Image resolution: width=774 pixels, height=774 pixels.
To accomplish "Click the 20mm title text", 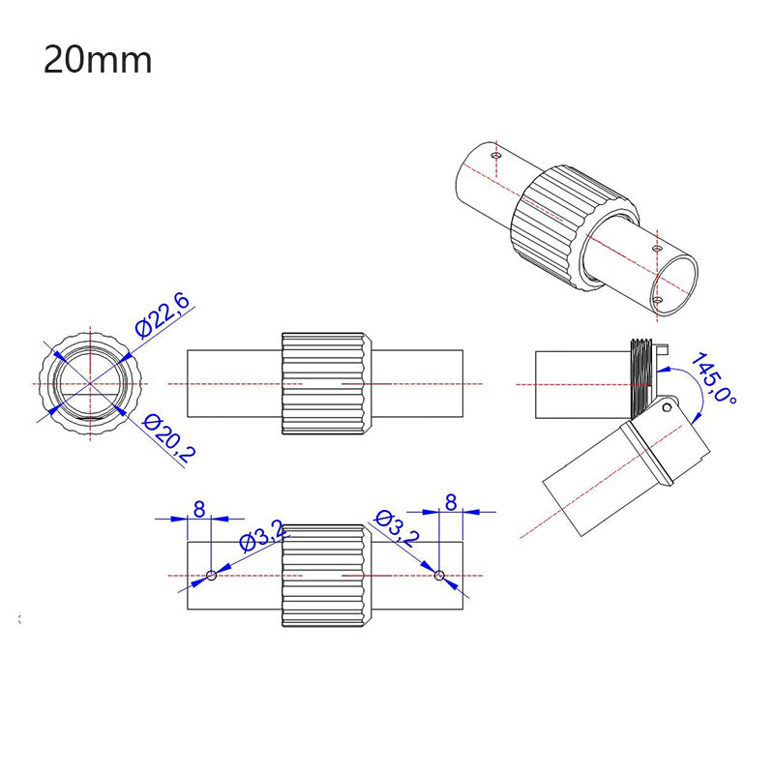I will pyautogui.click(x=98, y=60).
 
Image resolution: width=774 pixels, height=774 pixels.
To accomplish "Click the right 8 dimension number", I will pyautogui.click(x=450, y=503).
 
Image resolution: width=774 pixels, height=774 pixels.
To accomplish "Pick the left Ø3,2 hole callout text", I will pyautogui.click(x=262, y=535).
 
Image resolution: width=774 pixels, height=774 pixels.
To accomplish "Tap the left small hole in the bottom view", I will pyautogui.click(x=212, y=576).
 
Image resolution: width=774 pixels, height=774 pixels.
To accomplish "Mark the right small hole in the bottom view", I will pyautogui.click(x=439, y=576).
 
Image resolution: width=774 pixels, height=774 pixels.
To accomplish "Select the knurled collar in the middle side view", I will pyautogui.click(x=325, y=384).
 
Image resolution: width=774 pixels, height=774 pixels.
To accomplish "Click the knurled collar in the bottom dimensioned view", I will pyautogui.click(x=325, y=576).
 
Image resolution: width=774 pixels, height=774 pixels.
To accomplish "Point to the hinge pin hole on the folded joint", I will pyautogui.click(x=667, y=407).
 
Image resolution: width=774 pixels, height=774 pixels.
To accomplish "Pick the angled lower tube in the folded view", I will pyautogui.click(x=610, y=474).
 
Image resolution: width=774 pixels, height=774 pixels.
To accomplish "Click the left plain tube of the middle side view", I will pyautogui.click(x=233, y=384).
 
